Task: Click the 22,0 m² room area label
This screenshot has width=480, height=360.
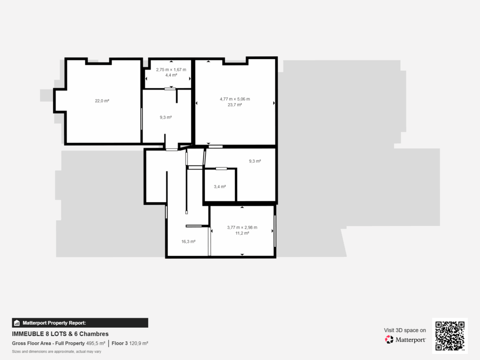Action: [102, 101]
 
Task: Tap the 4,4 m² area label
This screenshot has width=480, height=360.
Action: [171, 75]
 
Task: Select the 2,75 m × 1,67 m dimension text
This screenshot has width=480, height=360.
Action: [171, 69]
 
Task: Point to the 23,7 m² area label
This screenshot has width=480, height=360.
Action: [235, 105]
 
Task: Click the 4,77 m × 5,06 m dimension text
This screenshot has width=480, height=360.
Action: [235, 99]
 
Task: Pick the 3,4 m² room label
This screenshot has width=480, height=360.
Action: [220, 187]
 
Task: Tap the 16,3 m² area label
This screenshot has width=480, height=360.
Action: [188, 242]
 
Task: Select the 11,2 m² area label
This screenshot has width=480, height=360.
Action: [242, 233]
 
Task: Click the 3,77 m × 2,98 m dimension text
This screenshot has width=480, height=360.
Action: [242, 227]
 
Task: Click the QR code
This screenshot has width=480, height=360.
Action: [450, 335]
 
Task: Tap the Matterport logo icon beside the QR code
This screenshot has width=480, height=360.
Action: [389, 339]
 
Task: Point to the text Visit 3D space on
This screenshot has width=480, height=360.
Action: [405, 330]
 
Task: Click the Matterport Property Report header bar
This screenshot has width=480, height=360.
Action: [80, 322]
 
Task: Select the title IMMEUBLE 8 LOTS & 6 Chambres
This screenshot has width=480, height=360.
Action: [60, 334]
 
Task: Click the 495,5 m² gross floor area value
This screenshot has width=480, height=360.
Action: [96, 343]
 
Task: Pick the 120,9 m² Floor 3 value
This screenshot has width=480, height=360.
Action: [139, 343]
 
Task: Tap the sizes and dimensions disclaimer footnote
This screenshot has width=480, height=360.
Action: [56, 351]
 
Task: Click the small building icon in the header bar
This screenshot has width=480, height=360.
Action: [16, 323]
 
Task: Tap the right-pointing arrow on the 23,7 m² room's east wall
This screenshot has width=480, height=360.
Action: [274, 103]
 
